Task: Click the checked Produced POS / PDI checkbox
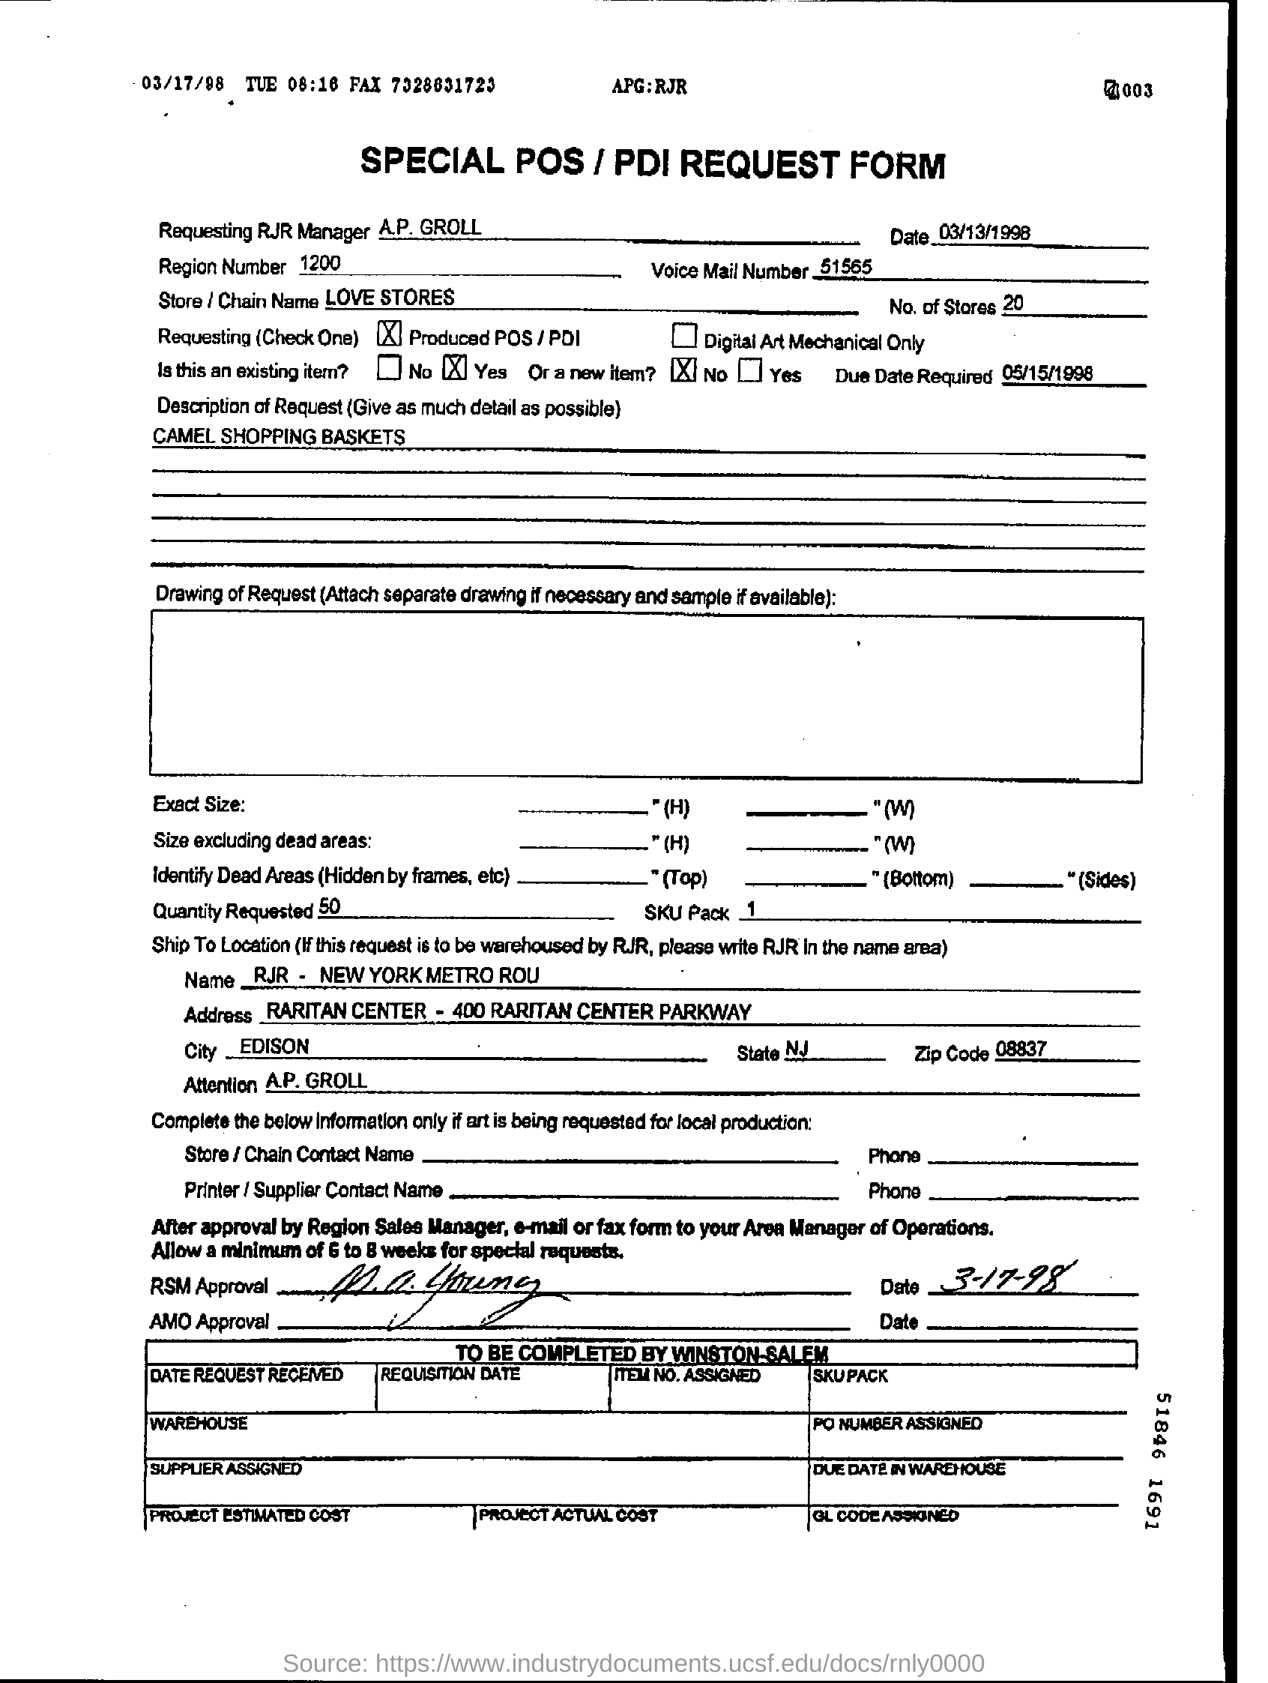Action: [x=390, y=334]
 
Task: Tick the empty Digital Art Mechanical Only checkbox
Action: [x=683, y=336]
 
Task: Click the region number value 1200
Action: [x=319, y=263]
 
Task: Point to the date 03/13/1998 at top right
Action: [x=984, y=232]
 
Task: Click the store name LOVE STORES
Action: [x=390, y=297]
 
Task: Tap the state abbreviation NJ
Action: [x=797, y=1050]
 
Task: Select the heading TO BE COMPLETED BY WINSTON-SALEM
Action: [x=641, y=1352]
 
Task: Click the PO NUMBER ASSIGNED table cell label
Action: [x=897, y=1423]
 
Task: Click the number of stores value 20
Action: [x=1012, y=304]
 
